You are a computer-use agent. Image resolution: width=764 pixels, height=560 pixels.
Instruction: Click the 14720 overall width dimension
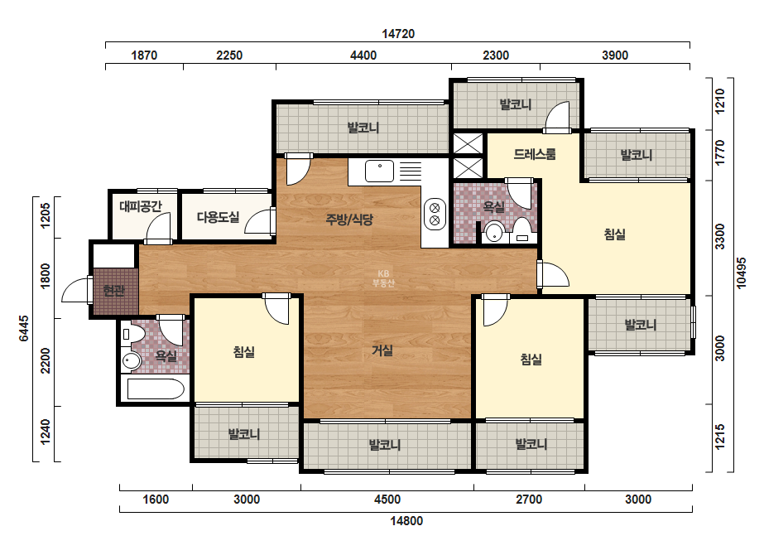(398, 34)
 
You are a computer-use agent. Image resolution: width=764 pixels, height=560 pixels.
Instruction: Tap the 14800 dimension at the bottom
(406, 521)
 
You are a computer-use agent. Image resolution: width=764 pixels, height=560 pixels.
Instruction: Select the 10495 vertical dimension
(741, 273)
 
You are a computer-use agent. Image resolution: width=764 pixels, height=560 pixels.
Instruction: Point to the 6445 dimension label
(23, 328)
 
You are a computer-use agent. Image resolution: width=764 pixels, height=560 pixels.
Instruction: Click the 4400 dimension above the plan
(363, 56)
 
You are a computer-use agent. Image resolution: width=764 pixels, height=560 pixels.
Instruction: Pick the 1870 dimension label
(144, 56)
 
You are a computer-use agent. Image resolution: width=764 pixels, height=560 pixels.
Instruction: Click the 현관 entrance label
(114, 291)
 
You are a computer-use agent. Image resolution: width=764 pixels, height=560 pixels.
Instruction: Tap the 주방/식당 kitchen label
(349, 220)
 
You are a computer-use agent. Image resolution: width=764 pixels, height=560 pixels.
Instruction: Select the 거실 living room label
(382, 350)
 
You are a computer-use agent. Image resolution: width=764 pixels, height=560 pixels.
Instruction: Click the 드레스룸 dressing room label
(535, 154)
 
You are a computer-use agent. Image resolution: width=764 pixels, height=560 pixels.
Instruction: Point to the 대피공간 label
(141, 205)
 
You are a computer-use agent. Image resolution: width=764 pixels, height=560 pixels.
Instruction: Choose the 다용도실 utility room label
(218, 217)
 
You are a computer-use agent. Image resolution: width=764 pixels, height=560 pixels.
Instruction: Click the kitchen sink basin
(380, 171)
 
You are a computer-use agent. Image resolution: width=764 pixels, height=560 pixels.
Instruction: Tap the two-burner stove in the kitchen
(435, 215)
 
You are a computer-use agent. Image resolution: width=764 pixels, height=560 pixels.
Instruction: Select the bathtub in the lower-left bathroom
(156, 389)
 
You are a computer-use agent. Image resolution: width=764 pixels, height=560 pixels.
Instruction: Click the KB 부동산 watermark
(383, 278)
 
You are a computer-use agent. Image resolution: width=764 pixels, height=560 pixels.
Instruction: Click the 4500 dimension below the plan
(387, 500)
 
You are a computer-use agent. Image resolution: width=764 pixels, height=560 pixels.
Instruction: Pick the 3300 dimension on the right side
(719, 237)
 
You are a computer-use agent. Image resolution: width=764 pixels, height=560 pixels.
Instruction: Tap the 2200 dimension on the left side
(46, 360)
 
